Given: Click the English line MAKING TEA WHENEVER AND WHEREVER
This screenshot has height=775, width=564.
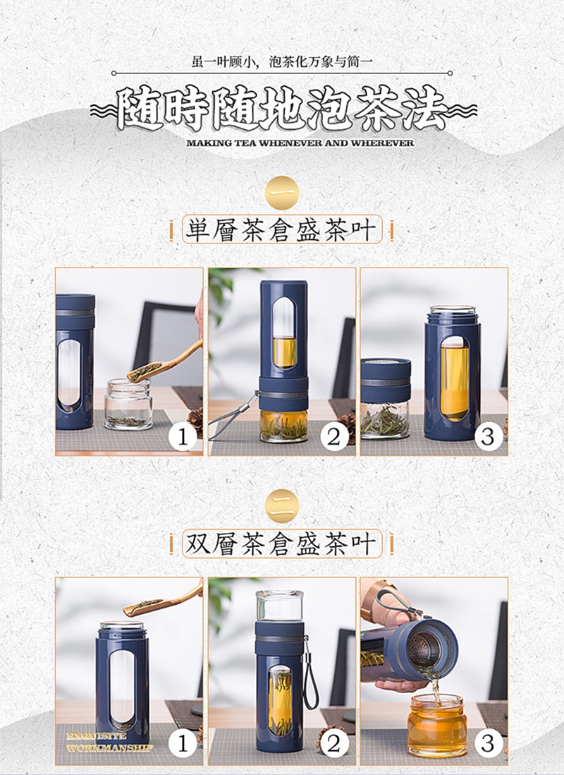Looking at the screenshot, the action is (300, 143).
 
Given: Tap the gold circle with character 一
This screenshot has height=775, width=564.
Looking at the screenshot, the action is (283, 193).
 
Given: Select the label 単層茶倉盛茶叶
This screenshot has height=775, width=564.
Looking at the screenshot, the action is (281, 230).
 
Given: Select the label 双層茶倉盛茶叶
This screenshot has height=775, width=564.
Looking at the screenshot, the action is (281, 544).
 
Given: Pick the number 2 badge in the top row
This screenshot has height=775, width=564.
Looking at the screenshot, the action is (334, 437).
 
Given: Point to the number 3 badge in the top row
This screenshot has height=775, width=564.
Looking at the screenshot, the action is (488, 437).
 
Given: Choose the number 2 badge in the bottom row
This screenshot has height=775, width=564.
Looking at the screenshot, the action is (334, 743).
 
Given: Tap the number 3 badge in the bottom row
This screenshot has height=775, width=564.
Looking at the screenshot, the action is (488, 743).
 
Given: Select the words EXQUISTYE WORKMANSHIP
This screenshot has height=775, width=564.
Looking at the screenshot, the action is (110, 743).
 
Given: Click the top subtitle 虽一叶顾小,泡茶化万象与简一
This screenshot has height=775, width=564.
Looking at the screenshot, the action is (282, 62).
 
